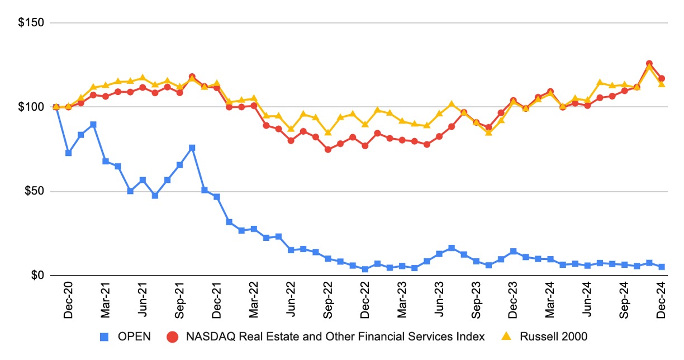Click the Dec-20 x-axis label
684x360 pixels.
pos(68,304)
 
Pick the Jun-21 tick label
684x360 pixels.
pos(142,304)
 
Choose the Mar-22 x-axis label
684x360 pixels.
pos(254,304)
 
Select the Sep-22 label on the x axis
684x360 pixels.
pos(328,304)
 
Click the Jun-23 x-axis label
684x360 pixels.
pos(439,304)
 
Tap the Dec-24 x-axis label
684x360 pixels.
pos(662,304)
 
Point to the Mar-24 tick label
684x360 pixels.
pos(550,304)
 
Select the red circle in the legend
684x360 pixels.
pos(173,337)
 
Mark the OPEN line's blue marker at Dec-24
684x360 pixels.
pos(662,267)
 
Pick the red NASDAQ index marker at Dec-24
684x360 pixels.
pos(662,78)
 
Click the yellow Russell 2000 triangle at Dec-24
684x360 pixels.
pos(662,84)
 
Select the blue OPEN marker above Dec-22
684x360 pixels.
pos(365,269)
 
